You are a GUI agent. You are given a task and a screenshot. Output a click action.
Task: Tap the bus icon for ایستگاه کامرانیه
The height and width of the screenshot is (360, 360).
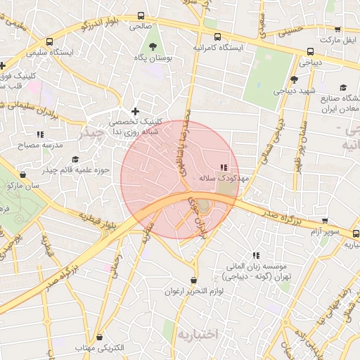(217, 37)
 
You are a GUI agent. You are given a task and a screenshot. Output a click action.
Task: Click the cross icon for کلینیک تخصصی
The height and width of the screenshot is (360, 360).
(136, 111)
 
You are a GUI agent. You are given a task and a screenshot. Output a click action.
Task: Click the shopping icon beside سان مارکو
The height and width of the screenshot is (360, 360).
(23, 174)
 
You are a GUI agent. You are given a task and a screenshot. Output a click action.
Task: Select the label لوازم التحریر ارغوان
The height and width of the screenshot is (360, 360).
(193, 291)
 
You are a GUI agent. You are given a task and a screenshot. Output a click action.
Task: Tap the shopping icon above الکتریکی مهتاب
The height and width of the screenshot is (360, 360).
(99, 337)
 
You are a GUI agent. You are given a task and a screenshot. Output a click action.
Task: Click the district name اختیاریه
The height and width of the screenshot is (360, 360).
(200, 332)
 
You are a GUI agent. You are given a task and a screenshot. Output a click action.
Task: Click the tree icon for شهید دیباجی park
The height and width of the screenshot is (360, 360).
(293, 79)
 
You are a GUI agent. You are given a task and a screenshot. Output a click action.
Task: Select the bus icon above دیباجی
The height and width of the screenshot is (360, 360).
(310, 51)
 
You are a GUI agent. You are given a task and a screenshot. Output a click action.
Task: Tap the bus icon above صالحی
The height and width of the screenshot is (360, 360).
(141, 15)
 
